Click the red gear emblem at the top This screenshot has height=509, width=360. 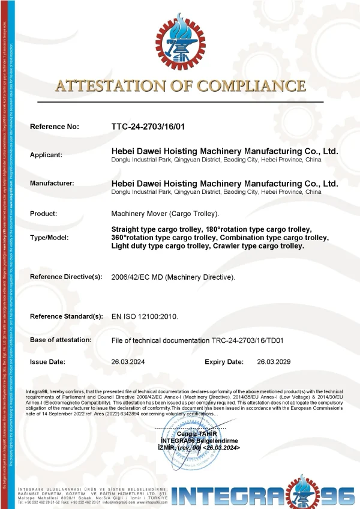(x=180, y=41)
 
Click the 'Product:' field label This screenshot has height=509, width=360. (x=44, y=214)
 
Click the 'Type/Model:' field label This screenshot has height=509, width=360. (x=49, y=237)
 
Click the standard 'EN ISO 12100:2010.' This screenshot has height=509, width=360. (x=145, y=316)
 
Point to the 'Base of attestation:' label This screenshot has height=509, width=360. (x=61, y=340)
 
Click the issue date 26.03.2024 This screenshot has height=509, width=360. (x=128, y=362)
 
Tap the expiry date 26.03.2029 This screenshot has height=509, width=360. (x=274, y=362)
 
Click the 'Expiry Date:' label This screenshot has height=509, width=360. (x=224, y=362)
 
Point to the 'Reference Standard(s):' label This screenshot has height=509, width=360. (x=67, y=316)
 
